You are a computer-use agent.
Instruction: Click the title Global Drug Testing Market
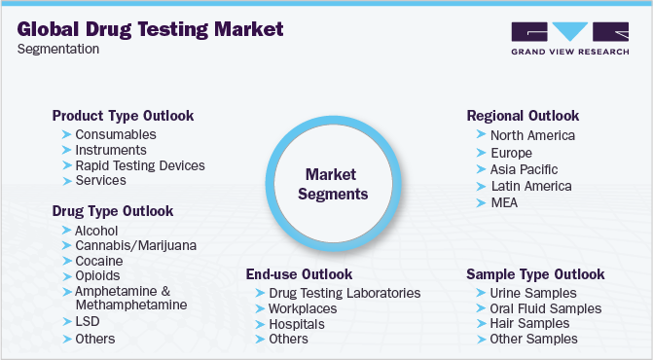point(151,28)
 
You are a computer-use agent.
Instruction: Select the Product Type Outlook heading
point(123,116)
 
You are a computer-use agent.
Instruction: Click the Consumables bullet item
point(116,134)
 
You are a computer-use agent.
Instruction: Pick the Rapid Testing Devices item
point(140,165)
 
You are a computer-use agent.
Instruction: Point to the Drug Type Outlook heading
point(113,211)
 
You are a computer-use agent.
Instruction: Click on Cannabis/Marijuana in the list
point(135,246)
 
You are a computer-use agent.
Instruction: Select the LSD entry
point(87,321)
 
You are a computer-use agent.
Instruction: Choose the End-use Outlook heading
point(299,274)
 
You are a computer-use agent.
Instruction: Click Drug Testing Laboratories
point(345,293)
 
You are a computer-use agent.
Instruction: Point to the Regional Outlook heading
point(523,116)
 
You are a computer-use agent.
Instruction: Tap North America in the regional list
point(532,136)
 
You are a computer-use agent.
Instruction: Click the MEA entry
point(504,201)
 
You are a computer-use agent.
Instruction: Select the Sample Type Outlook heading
point(535,274)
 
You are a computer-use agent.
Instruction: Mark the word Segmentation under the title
point(58,49)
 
